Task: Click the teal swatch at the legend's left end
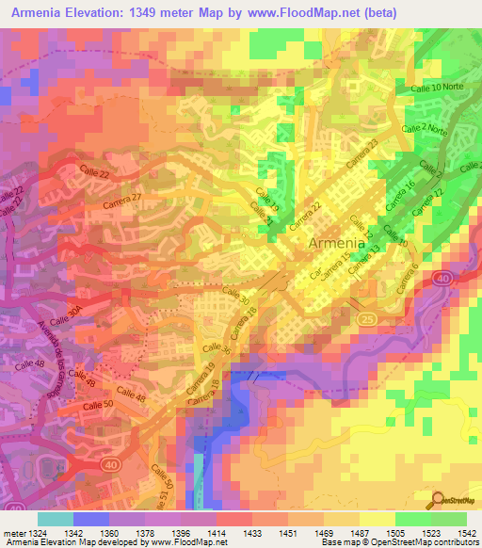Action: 55,519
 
